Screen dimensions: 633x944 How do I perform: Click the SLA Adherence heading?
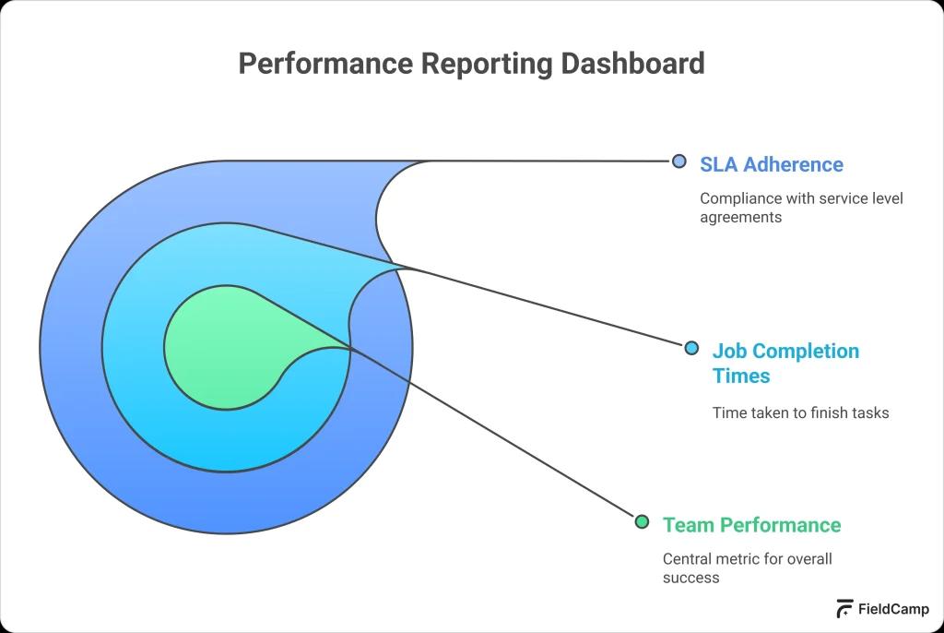coord(771,164)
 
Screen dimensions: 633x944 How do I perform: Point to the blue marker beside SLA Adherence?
coord(679,161)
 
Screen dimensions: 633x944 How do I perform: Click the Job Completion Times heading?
coord(785,363)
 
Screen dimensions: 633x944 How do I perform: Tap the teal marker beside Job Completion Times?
coord(691,348)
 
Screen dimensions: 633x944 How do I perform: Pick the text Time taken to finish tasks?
coord(800,412)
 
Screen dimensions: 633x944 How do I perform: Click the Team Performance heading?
coord(751,525)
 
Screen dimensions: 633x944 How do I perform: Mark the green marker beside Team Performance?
coord(643,522)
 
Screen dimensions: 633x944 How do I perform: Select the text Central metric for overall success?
coord(747,568)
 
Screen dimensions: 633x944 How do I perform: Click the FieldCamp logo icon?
coord(844,609)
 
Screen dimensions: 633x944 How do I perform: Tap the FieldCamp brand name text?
coord(893,609)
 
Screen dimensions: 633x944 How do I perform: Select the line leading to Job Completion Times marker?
coord(553,308)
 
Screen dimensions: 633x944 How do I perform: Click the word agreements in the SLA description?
coord(740,218)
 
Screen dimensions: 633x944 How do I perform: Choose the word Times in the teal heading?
coord(740,376)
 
